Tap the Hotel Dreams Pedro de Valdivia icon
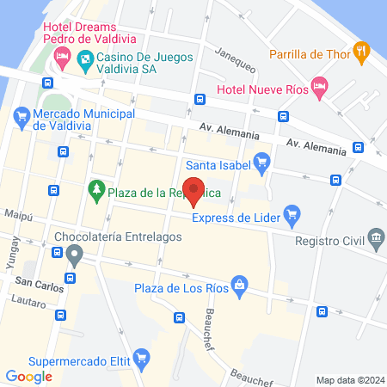[61, 58]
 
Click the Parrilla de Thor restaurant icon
[363, 52]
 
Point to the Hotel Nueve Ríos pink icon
[319, 84]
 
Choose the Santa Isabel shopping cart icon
[263, 160]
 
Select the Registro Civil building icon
[375, 236]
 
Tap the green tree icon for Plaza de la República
[97, 187]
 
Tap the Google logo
[29, 376]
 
